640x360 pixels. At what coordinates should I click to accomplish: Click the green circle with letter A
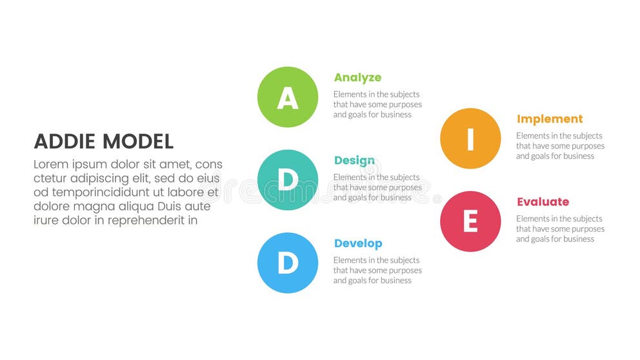(x=288, y=97)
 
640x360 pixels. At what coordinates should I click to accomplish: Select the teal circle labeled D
(x=288, y=180)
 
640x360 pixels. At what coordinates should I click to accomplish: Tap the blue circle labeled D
(x=288, y=263)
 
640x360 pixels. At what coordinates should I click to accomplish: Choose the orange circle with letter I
(x=470, y=139)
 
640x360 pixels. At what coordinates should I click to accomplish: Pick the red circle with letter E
(x=470, y=221)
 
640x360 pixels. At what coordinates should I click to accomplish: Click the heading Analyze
(x=357, y=77)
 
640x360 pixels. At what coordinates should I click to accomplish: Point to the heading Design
(x=354, y=161)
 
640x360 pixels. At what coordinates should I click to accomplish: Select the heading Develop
(x=358, y=243)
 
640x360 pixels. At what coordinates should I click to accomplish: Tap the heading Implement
(x=550, y=119)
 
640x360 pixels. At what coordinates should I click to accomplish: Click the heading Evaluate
(x=543, y=202)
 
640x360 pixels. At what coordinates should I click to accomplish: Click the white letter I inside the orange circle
(x=470, y=139)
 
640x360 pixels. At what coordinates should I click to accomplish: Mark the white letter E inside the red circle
(x=470, y=222)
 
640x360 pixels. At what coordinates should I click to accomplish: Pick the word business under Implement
(x=578, y=156)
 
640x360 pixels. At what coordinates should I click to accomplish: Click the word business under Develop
(x=395, y=281)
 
